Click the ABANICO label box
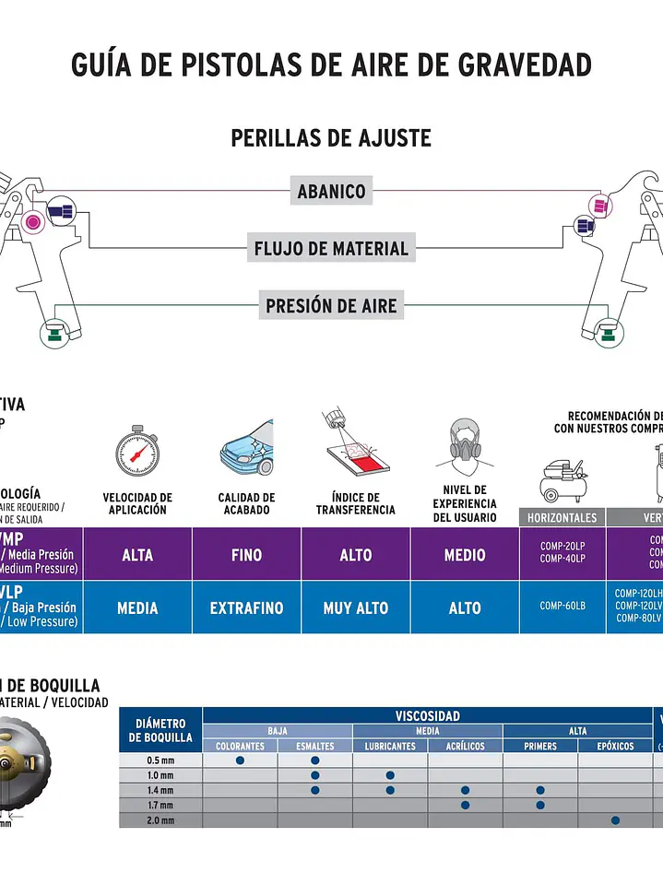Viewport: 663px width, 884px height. [x=331, y=192]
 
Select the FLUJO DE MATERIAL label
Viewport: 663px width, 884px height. [x=331, y=248]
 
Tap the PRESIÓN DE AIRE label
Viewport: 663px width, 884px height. [x=331, y=305]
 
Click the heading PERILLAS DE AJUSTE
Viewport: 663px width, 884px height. [x=331, y=138]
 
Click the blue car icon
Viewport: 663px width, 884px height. [x=246, y=448]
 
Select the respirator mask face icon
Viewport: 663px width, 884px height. [x=465, y=446]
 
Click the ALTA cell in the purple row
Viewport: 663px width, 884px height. [x=137, y=555]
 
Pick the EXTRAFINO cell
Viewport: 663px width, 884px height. [x=246, y=608]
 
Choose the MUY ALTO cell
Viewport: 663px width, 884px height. [x=356, y=608]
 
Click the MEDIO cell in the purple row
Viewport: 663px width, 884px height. [x=465, y=555]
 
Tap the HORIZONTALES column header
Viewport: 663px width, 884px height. [x=562, y=518]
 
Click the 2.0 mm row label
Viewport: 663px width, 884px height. [x=160, y=819]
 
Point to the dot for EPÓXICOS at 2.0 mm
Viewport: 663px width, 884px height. [x=615, y=819]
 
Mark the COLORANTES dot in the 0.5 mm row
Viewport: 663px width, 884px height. [x=240, y=760]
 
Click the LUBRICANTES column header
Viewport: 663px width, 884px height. [x=390, y=746]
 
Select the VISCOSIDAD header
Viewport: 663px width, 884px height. [x=428, y=716]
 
